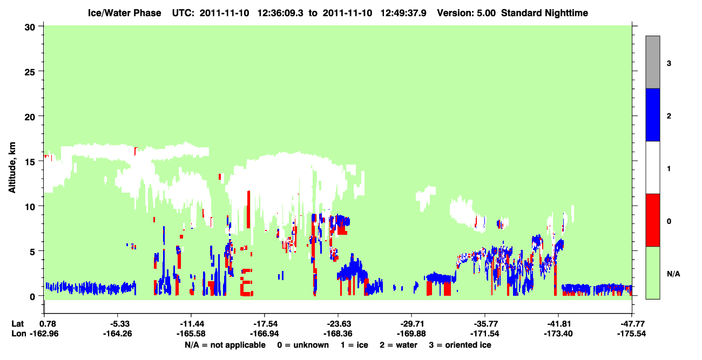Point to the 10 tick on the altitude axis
point(40,206)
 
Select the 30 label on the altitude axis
point(30,28)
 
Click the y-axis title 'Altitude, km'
point(12,168)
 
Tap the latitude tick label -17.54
point(265,324)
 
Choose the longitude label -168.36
point(338,334)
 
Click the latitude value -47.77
point(632,324)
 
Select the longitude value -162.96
point(44,334)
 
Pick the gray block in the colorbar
point(652,62)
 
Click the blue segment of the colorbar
point(652,114)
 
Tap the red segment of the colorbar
point(652,220)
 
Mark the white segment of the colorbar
point(652,167)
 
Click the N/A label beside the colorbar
point(673,274)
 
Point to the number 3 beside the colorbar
point(669,63)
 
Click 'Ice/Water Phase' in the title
point(124,13)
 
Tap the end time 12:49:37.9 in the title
point(403,13)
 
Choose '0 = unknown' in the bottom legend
point(303,345)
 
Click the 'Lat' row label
point(17,324)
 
